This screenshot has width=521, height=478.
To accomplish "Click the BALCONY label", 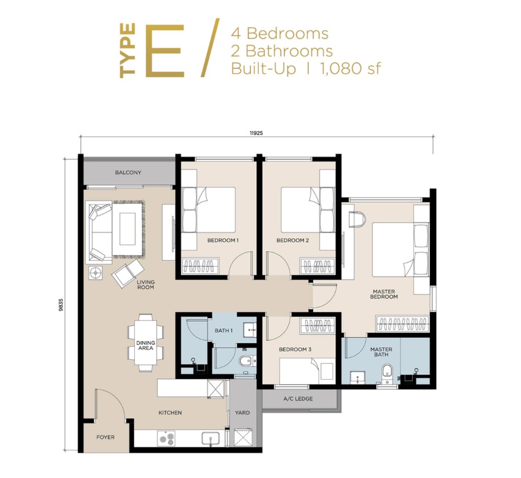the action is [x=128, y=173].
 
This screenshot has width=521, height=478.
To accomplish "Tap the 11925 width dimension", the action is [x=256, y=133].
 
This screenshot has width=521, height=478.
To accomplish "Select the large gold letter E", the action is [x=165, y=51].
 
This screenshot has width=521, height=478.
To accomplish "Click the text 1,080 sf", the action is [x=350, y=69].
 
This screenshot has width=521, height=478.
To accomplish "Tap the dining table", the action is [x=146, y=343].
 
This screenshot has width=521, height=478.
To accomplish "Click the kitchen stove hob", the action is [x=167, y=439].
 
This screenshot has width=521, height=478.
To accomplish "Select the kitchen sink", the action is [x=210, y=439].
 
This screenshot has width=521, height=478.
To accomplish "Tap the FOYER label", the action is [x=105, y=438].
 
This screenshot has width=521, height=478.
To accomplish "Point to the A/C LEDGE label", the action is [x=298, y=398].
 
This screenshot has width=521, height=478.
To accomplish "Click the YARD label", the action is [x=242, y=413].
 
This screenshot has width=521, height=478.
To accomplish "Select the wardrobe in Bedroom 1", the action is [x=200, y=265].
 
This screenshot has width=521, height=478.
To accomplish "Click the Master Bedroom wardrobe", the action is [x=402, y=325].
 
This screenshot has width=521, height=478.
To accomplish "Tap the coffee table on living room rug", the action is [x=127, y=229].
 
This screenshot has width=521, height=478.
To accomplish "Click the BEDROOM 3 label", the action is [x=295, y=349].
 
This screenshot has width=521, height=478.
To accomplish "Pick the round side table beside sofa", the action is [x=96, y=273].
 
